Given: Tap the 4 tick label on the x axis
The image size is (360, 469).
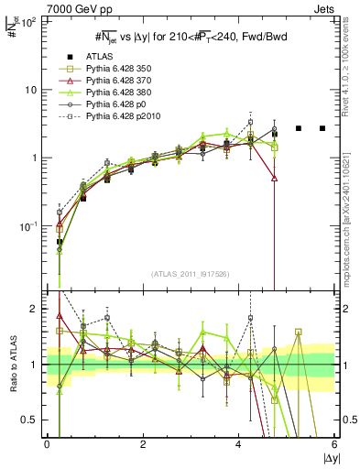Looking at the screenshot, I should [239, 443].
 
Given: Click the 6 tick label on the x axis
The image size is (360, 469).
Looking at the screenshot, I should [335, 443].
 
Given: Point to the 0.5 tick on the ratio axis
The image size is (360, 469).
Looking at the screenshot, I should [28, 420].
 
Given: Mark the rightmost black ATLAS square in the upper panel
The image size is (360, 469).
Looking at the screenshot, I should [322, 128].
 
